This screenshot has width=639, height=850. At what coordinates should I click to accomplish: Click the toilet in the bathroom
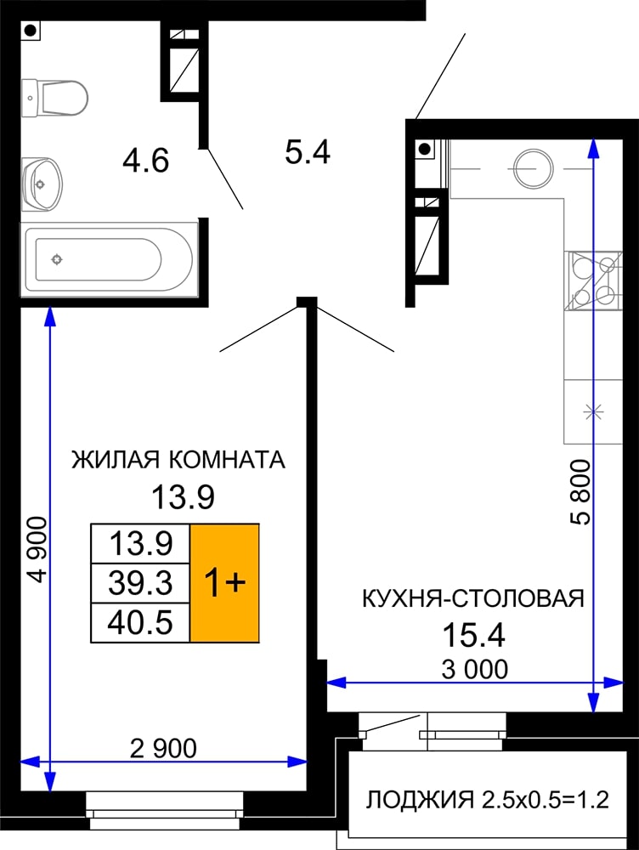54,98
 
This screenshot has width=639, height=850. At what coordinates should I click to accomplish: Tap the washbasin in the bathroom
42,184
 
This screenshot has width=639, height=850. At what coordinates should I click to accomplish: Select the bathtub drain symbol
56,259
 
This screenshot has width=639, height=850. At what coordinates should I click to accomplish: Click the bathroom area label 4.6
146,161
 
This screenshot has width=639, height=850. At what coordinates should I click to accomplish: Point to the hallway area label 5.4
308,152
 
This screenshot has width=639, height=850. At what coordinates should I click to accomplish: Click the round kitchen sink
534,168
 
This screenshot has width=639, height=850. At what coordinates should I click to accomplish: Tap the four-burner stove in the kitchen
593,280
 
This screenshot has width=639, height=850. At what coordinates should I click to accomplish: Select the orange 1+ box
224,583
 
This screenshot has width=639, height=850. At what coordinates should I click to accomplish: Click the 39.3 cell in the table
140,583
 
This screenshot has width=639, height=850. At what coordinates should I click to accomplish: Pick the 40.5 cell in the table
140,622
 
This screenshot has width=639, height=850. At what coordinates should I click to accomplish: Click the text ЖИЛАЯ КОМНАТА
178,460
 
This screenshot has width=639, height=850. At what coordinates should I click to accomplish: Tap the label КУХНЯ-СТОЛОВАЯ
473,599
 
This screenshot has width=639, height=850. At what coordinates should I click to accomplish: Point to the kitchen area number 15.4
473,635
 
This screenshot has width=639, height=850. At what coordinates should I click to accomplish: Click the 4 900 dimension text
38,550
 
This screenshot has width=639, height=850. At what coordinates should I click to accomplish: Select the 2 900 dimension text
163,749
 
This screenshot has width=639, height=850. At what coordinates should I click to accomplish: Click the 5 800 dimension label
580,491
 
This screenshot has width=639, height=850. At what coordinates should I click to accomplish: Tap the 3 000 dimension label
475,670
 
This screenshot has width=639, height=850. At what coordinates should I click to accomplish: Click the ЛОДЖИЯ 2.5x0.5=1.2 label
487,800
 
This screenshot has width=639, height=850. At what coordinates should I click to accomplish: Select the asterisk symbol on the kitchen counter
593,412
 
